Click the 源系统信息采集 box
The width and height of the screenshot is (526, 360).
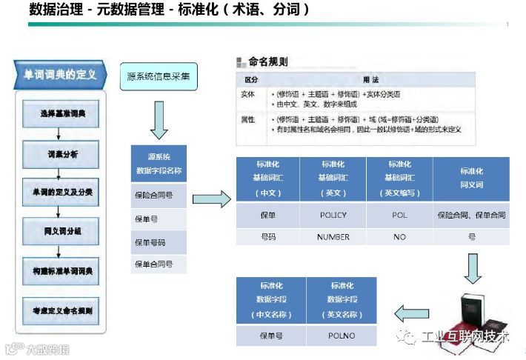tap(159, 76)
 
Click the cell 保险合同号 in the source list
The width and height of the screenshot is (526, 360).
tap(159, 196)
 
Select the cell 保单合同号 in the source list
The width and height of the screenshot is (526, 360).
tap(159, 264)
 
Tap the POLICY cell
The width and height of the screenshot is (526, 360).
tap(333, 215)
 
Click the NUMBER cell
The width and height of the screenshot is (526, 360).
tap(333, 237)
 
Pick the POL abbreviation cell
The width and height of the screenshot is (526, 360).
tap(399, 215)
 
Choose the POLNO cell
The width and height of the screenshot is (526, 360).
tap(342, 336)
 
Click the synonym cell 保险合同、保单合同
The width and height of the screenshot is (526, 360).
tap(472, 215)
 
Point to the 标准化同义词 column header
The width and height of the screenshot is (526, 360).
tap(472, 178)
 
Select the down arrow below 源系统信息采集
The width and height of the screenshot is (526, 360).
tap(159, 120)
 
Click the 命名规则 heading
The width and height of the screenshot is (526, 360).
tap(267, 62)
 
